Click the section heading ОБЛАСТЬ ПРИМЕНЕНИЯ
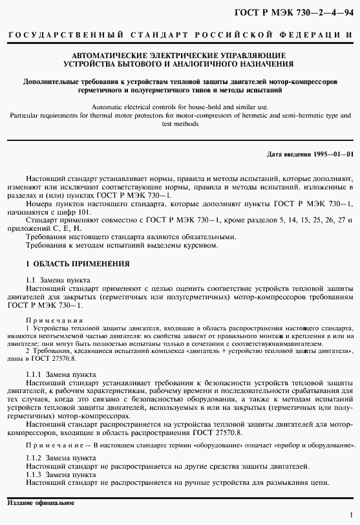point(81,264)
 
